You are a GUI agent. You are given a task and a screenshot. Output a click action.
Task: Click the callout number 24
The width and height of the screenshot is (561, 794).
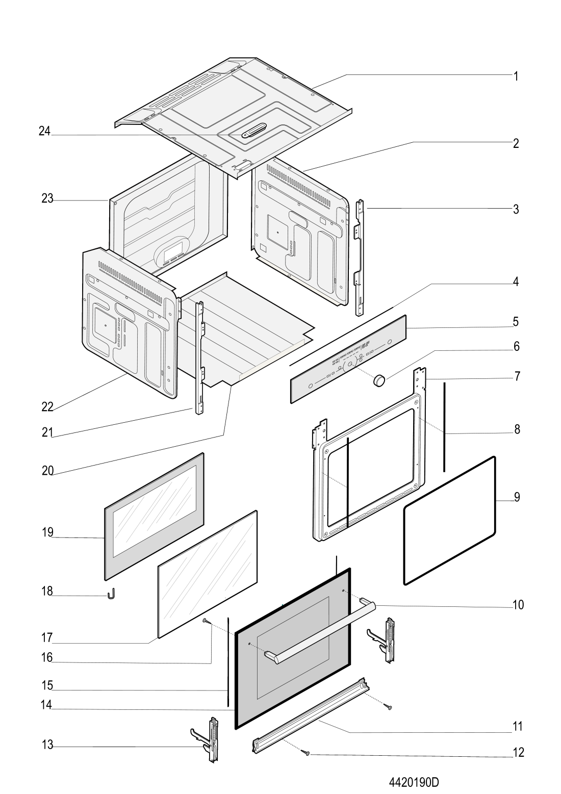click(x=45, y=131)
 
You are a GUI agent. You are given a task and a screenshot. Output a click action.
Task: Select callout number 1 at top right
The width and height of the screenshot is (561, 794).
click(x=516, y=76)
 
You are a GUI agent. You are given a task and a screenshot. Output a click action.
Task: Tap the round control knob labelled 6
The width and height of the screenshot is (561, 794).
click(x=379, y=379)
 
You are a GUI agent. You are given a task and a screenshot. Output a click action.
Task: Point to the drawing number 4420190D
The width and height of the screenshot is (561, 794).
click(x=414, y=781)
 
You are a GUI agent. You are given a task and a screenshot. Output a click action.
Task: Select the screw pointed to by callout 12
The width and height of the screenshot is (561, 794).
click(x=305, y=752)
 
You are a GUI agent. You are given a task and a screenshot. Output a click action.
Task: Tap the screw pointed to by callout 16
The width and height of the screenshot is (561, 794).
click(x=205, y=620)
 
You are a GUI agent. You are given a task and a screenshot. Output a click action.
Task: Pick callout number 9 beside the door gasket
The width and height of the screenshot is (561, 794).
click(x=517, y=497)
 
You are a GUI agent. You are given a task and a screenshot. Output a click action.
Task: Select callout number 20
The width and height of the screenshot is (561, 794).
click(x=48, y=471)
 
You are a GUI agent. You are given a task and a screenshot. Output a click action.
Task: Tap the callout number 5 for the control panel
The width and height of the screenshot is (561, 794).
click(x=516, y=321)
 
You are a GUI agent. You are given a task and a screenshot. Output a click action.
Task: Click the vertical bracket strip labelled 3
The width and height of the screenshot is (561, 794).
click(x=360, y=257)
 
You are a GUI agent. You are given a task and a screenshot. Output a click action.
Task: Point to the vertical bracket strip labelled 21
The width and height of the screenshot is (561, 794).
click(x=200, y=358)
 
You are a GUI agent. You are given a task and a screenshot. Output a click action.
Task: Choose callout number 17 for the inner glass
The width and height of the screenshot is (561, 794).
click(x=47, y=637)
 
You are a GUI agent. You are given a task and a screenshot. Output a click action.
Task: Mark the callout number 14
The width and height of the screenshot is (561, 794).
click(x=46, y=705)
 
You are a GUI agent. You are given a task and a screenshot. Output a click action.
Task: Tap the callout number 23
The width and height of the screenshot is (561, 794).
click(x=47, y=198)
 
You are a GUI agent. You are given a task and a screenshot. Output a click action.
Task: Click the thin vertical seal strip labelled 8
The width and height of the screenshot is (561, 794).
click(x=444, y=427)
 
